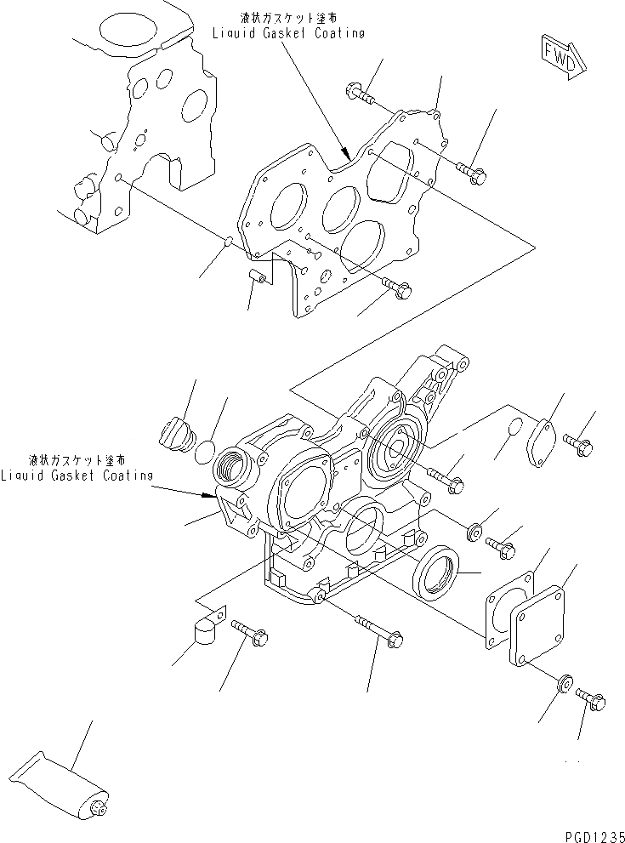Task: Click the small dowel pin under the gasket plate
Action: pyautogui.click(x=259, y=276)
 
